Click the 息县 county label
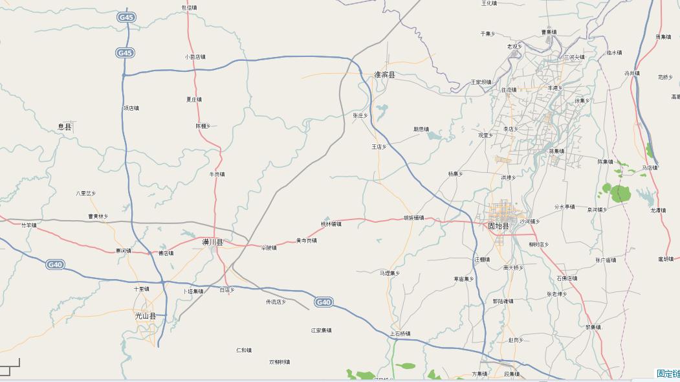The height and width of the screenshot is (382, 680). pos(65,127)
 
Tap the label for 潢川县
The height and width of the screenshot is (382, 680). pos(212,242)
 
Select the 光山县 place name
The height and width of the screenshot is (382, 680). pos(146,316)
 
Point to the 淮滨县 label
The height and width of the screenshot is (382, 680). pos(384,75)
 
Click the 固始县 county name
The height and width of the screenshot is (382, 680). pos(499,226)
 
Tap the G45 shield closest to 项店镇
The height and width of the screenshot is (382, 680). pos(125,53)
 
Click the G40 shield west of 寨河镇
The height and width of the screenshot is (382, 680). pos(55,264)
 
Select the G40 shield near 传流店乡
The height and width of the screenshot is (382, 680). pos(324,302)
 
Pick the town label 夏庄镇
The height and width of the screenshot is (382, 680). pos(194,100)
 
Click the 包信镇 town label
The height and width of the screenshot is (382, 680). pos(189,8)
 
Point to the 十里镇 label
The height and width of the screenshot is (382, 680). pos(142,289)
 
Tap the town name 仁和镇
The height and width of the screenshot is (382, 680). pos(244,350)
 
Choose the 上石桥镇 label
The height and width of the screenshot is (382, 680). pos(400,333)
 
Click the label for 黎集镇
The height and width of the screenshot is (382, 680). pos(593,327)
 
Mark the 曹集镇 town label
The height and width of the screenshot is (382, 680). pos(549,32)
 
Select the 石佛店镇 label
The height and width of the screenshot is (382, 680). pos(567,278)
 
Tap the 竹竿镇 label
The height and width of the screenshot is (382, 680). pos(29,225)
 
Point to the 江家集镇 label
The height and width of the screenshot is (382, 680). pos(321,330)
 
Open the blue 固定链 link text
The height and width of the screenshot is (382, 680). pos(668,374)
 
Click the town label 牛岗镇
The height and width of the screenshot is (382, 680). pos(217,174)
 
